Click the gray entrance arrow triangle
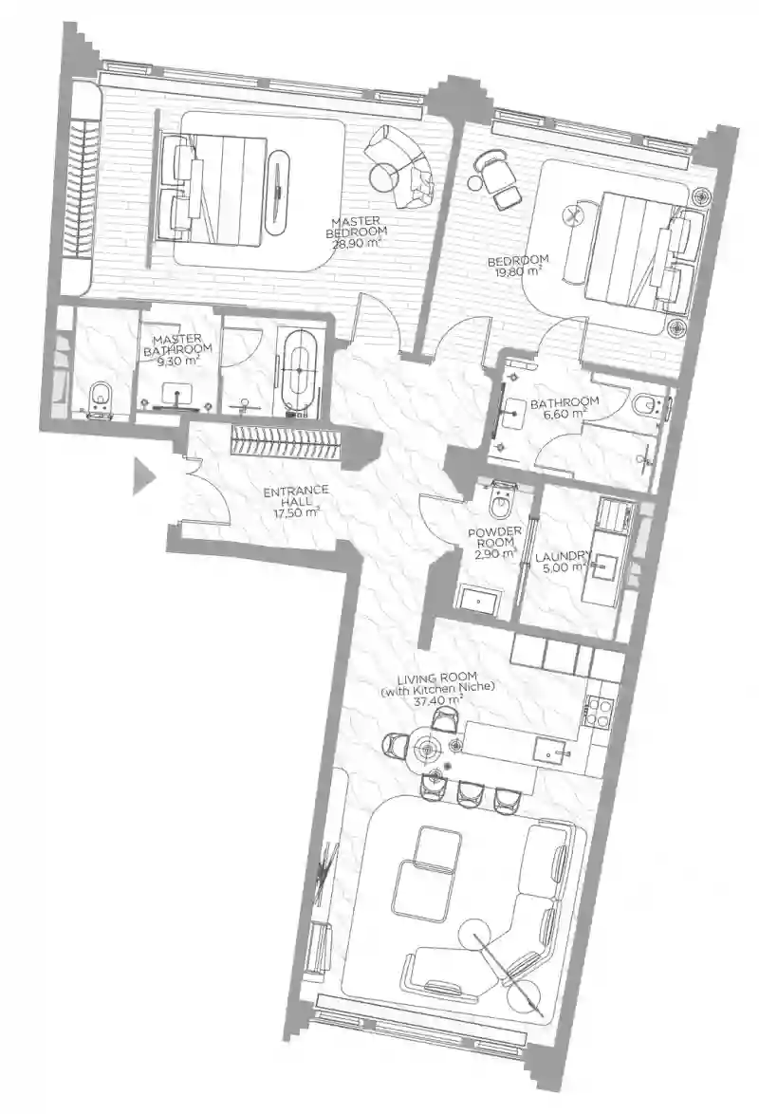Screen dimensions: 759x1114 [143, 475]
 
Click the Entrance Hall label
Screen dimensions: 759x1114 [296, 495]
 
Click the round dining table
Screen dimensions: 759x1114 [428, 748]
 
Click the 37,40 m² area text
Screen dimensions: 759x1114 [437, 699]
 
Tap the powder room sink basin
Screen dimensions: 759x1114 [479, 600]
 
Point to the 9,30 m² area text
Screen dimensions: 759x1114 [177, 360]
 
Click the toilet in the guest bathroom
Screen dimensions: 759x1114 [647, 406]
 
